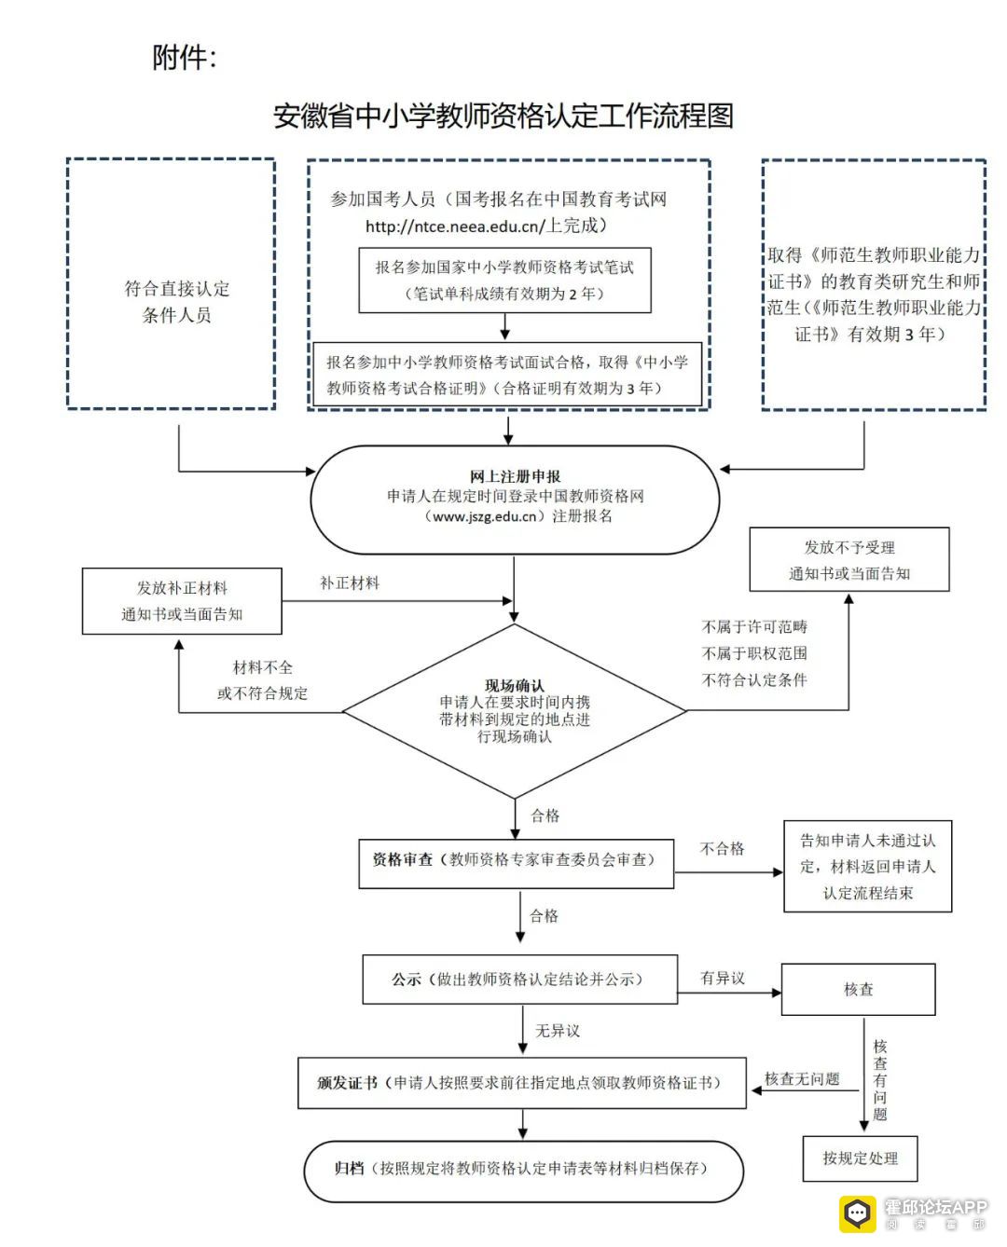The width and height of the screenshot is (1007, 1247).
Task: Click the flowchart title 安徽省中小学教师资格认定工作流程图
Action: click(504, 116)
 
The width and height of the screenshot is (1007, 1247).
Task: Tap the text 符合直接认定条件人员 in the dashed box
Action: click(176, 302)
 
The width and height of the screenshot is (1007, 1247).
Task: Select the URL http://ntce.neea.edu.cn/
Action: click(455, 226)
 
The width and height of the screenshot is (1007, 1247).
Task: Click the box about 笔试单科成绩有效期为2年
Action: click(505, 280)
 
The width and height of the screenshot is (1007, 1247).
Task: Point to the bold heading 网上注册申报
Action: click(515, 476)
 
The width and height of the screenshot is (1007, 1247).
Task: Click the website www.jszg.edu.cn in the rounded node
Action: click(485, 516)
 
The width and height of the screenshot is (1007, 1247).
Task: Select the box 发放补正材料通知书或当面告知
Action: click(182, 601)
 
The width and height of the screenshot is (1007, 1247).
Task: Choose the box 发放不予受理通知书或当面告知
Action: click(849, 559)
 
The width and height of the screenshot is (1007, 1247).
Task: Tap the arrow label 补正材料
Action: click(350, 582)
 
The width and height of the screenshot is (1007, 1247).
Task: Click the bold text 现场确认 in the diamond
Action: click(515, 686)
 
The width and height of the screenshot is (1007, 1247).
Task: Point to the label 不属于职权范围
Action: click(754, 652)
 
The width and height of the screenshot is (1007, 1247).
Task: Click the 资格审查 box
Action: click(517, 864)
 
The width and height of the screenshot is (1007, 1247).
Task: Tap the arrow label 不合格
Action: click(722, 848)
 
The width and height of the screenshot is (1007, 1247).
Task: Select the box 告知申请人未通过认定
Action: click(867, 866)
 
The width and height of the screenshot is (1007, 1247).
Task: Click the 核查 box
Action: click(858, 989)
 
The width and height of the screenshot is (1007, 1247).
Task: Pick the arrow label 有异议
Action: click(723, 977)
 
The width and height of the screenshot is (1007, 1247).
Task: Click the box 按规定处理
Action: click(860, 1158)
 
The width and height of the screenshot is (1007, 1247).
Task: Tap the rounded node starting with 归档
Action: click(523, 1171)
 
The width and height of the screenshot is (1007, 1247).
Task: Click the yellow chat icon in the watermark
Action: click(858, 1214)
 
